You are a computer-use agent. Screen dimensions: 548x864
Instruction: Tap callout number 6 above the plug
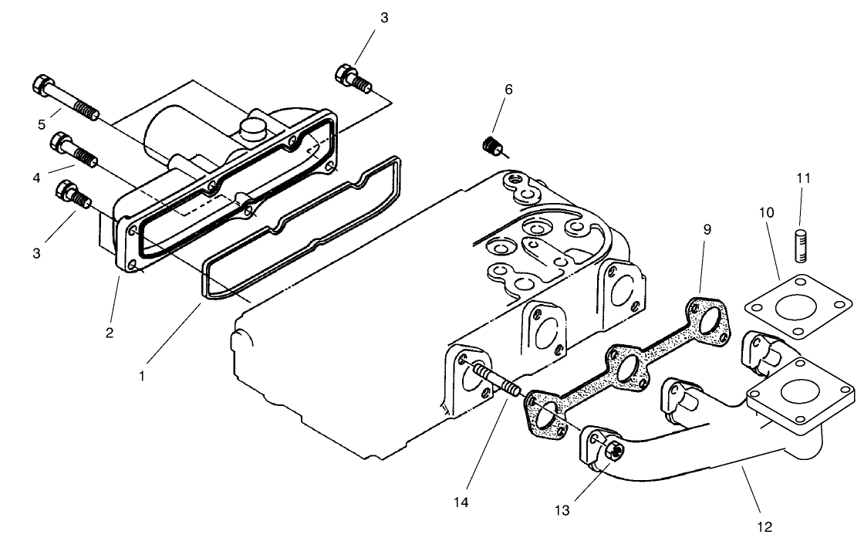coord(508,89)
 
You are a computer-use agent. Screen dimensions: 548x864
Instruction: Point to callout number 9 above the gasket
coord(707,229)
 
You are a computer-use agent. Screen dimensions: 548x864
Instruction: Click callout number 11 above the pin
coord(803,178)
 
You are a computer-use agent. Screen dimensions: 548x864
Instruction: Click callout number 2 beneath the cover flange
coord(110,333)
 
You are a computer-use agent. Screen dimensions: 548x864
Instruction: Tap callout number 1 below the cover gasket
coord(141,376)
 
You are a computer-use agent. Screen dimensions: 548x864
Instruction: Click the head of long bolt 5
coord(42,85)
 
